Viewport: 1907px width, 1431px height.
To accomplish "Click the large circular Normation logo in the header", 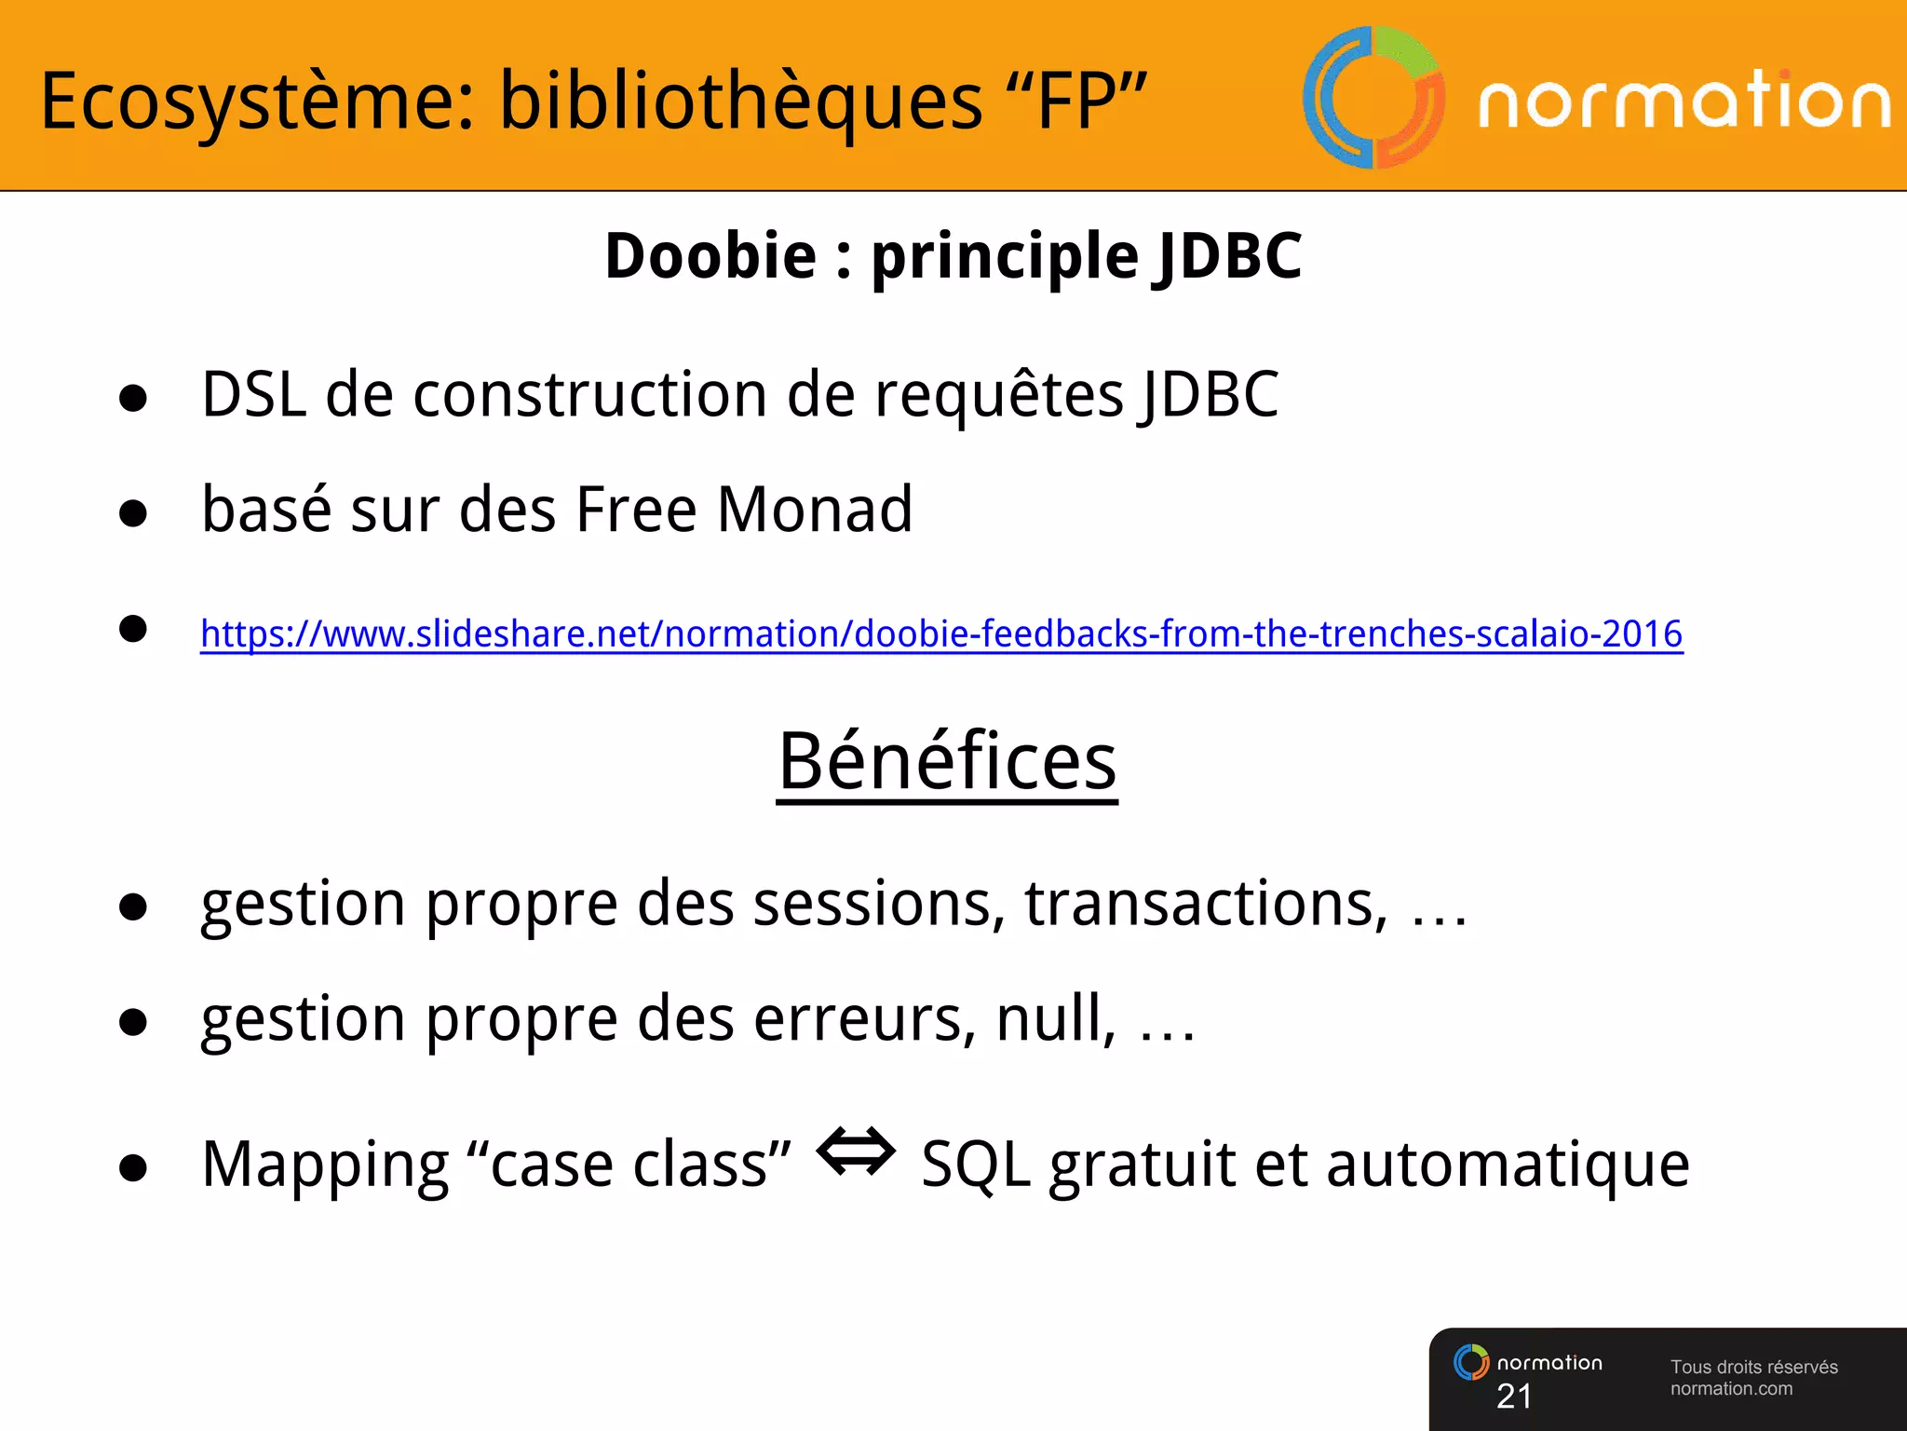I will tap(1373, 98).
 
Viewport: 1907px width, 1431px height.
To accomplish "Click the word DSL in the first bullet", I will tap(253, 394).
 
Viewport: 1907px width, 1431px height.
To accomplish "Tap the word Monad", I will tap(814, 510).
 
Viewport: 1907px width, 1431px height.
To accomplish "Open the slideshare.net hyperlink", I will tap(940, 634).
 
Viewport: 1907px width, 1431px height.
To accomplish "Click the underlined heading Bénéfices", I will tap(947, 761).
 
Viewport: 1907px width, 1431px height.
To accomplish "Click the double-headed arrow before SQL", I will tap(856, 1152).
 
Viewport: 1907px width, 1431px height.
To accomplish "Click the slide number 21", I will tap(1514, 1396).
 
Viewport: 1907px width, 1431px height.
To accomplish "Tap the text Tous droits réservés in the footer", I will tap(1753, 1367).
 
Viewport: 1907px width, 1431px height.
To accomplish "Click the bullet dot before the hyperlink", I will tap(133, 629).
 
